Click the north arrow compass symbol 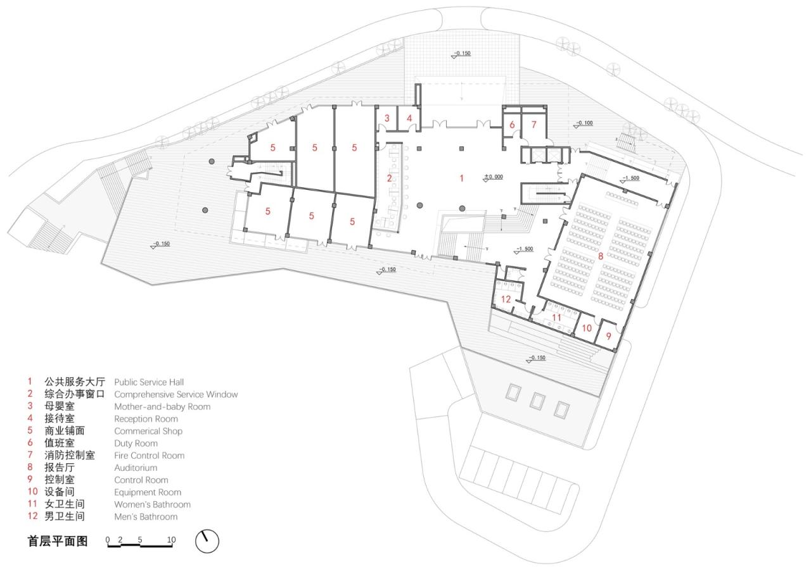click(x=207, y=541)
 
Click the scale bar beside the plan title click(x=141, y=542)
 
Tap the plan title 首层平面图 click(x=58, y=542)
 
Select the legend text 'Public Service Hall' click(x=149, y=382)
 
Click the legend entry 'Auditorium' click(x=136, y=468)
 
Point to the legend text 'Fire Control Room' click(x=149, y=456)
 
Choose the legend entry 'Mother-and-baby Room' click(x=162, y=407)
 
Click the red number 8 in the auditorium click(x=601, y=256)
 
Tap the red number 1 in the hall click(x=461, y=178)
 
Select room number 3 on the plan click(x=386, y=118)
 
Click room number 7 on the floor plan click(x=533, y=125)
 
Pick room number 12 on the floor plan click(x=506, y=299)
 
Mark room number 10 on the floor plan click(x=587, y=328)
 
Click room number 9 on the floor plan click(x=609, y=337)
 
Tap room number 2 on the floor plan click(x=390, y=178)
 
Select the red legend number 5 click(x=29, y=431)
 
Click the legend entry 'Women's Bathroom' click(x=152, y=504)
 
